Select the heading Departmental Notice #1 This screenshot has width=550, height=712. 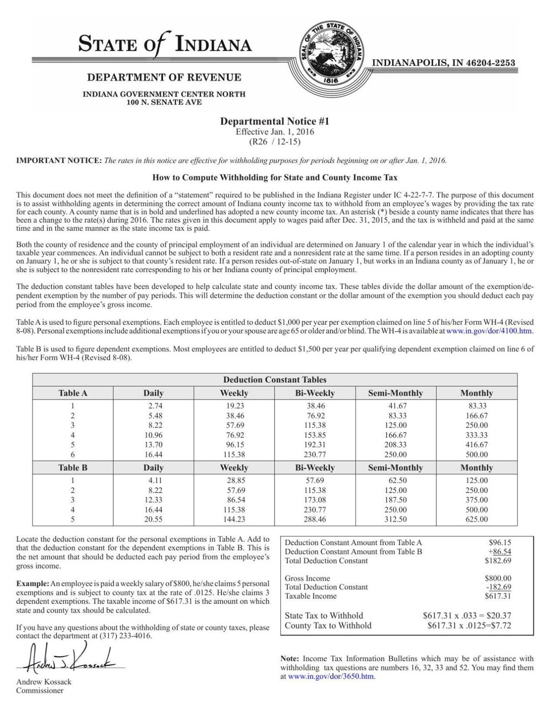(275, 121)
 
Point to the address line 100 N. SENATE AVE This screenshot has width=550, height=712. (164, 102)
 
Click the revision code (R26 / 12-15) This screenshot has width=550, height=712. (275, 142)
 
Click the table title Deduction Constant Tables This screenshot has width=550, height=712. (275, 380)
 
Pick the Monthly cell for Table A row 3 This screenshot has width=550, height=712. (476, 425)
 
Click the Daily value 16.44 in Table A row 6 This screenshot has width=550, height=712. (153, 455)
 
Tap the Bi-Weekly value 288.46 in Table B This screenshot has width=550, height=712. (315, 520)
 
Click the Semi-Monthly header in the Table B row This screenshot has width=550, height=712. (396, 468)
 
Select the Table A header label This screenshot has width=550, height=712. (72, 393)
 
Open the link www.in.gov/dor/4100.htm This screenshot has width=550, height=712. (489, 331)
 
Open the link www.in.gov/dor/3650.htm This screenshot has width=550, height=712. (331, 676)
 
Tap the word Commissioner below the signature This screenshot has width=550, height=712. (40, 690)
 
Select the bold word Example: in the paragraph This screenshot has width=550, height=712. (33, 584)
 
